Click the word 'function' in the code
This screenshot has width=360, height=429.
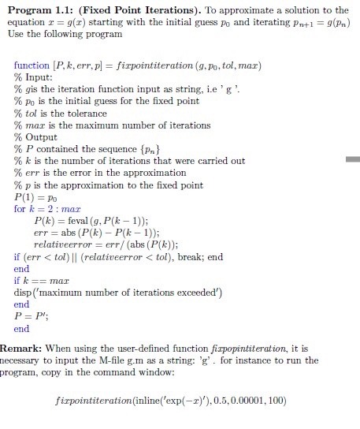click(32, 65)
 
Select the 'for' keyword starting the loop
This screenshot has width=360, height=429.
click(20, 208)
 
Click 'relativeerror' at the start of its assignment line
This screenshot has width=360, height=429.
click(56, 244)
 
